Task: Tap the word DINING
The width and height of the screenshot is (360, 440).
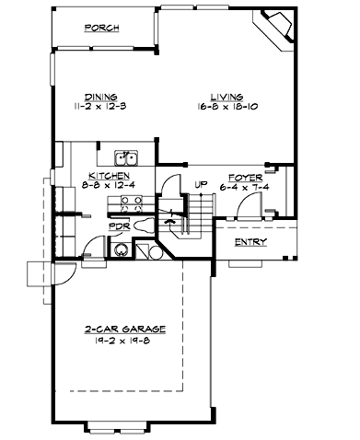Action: (100, 96)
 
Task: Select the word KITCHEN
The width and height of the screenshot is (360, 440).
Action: (108, 175)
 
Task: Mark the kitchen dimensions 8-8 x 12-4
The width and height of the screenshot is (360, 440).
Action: (108, 184)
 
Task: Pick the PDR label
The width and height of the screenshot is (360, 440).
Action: (118, 226)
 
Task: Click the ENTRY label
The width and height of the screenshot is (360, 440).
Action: (250, 242)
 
